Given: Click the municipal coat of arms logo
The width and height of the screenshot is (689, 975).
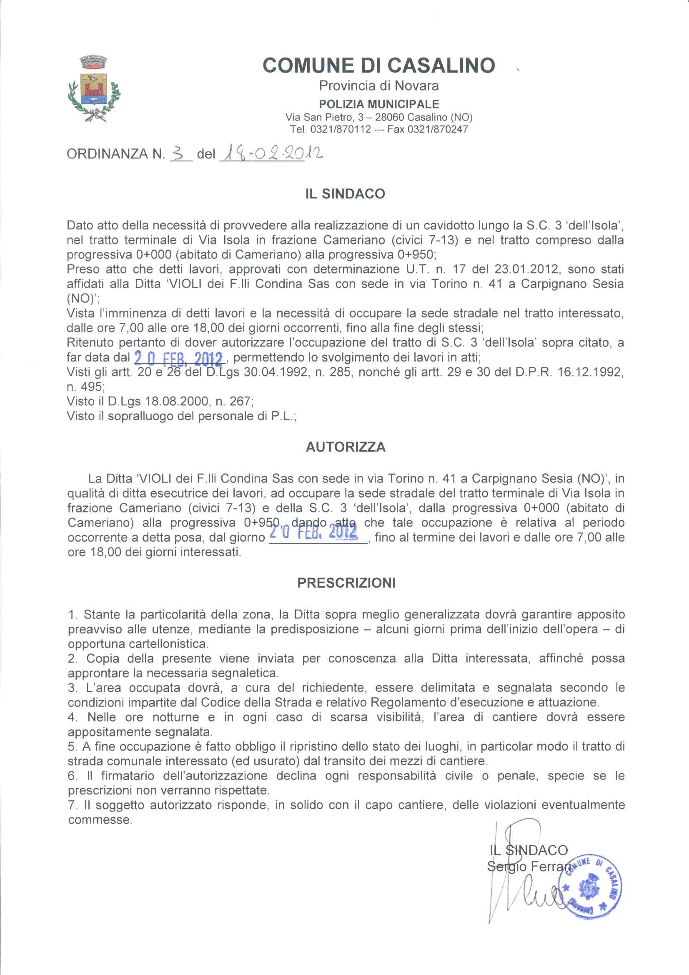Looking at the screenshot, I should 94,89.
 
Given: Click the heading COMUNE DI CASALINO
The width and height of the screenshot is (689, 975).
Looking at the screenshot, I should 378,65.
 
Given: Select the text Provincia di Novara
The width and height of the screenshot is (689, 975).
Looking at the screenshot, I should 378,86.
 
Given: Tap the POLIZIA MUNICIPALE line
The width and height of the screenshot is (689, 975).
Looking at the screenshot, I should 378,104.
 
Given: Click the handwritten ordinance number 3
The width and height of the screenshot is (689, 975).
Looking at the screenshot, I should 180,153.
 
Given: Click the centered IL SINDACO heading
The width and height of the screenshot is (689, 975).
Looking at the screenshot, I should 345,194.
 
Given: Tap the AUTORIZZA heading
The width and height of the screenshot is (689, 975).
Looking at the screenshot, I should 346,447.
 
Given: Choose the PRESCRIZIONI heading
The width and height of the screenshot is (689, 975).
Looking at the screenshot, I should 346,583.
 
